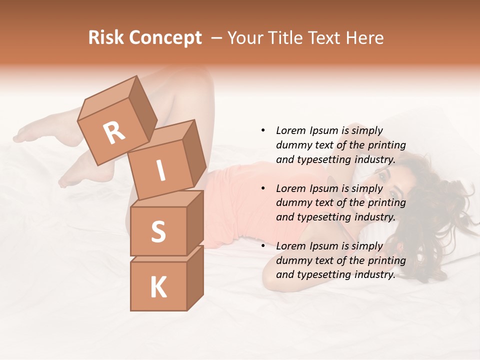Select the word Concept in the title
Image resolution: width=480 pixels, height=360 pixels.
(165, 38)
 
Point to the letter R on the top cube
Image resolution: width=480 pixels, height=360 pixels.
(114, 132)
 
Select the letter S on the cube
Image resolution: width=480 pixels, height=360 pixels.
(158, 232)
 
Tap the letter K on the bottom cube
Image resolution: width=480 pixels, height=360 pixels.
(158, 287)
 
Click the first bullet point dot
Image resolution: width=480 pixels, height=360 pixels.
(263, 130)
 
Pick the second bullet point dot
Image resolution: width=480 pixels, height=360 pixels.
(263, 188)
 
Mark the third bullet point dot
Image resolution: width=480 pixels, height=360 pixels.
(263, 246)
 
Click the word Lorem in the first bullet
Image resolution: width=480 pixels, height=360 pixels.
(290, 130)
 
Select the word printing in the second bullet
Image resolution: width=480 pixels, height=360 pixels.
(387, 203)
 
